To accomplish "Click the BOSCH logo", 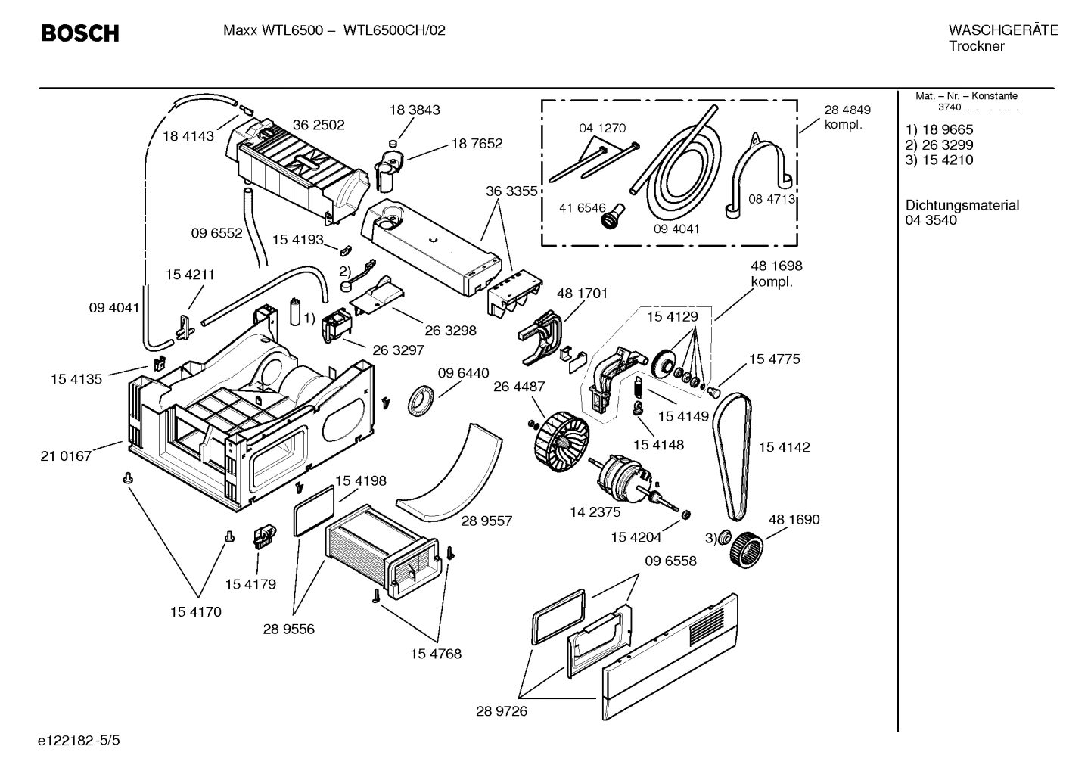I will (79, 33).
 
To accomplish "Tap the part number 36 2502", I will (319, 125).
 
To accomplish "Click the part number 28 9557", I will (486, 521).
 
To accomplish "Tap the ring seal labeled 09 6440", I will (422, 399).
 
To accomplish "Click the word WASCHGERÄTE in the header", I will (1002, 30).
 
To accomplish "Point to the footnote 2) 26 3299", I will (940, 145).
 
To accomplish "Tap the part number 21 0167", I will (66, 455).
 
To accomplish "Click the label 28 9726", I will (502, 711).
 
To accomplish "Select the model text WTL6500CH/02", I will (394, 30).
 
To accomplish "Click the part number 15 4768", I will (435, 653).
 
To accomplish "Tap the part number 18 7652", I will (477, 143).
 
